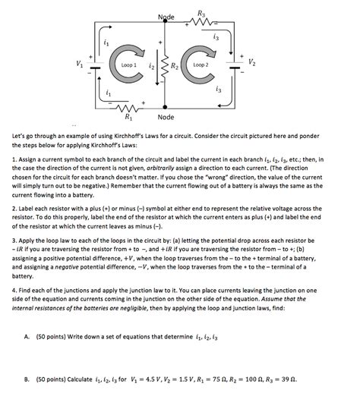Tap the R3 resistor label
(x=201, y=13)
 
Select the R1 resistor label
(x=127, y=118)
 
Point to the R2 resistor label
(x=174, y=67)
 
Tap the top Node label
(x=166, y=17)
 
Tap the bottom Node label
(x=166, y=118)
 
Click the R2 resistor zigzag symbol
(x=161, y=66)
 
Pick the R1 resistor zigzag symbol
(x=127, y=107)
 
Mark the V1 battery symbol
(x=95, y=65)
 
